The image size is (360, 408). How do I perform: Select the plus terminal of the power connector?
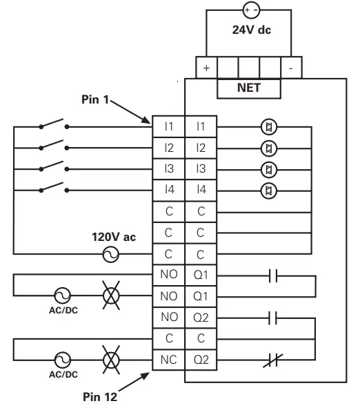[x=206, y=68]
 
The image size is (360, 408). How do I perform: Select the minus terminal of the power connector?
[x=291, y=68]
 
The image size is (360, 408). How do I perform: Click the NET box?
[x=248, y=88]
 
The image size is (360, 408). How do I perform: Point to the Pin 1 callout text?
[x=96, y=99]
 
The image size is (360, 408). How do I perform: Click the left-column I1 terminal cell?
[x=169, y=126]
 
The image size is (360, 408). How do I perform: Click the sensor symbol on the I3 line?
[x=270, y=169]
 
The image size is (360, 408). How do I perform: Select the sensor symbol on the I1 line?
[x=270, y=126]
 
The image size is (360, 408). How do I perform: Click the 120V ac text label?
[x=114, y=237]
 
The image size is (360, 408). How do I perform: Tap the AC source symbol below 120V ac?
[x=110, y=255]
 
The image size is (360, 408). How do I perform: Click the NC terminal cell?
[x=169, y=360]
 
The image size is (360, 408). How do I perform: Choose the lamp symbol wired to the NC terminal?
[x=110, y=360]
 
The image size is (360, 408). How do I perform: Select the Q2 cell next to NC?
[x=201, y=360]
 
